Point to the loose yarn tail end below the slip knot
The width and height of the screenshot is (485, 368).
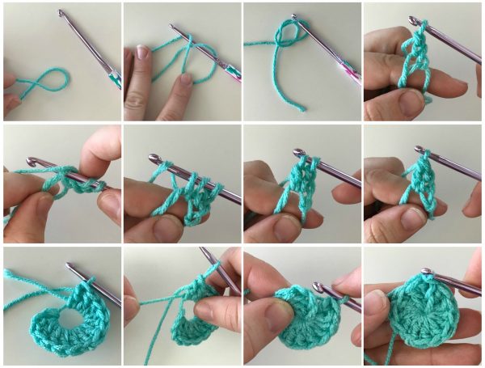point(301,108)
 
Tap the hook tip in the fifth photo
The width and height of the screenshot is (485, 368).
point(32,163)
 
